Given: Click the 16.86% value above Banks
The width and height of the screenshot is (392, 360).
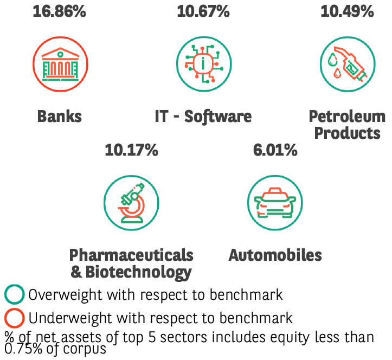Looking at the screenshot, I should pos(59,11).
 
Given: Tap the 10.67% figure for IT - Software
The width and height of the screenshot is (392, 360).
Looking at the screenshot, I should pos(203,11).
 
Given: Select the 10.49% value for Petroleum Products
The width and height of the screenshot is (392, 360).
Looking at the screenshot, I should pos(347,11).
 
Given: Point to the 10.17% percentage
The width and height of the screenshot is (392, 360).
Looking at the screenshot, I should pos(131,150).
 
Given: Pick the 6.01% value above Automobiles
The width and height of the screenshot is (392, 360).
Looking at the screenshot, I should pos(275,150).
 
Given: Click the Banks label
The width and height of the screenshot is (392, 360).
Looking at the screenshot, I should pos(59,116).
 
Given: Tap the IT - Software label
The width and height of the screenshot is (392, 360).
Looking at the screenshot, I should pos(203,116).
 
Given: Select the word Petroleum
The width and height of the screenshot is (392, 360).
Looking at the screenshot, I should pos(347,116).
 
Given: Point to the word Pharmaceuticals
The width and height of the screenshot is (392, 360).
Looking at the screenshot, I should pos(131,255).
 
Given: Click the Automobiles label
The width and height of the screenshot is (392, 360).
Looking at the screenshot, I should pos(275,255).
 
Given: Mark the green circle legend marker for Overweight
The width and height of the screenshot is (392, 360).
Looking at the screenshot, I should pos(15,295).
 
